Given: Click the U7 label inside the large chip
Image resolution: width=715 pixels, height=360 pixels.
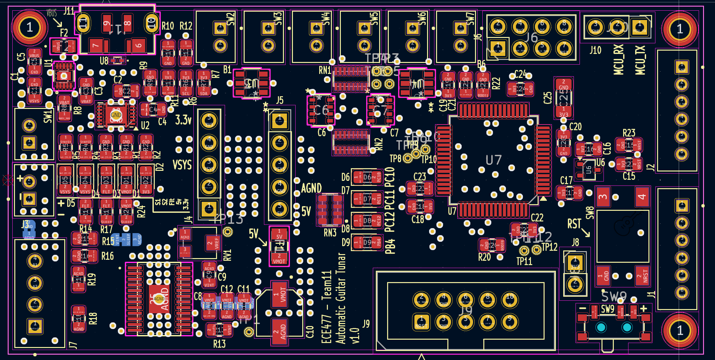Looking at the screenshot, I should (x=493, y=160).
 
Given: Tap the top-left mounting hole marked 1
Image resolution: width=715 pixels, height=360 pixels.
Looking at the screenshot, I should (x=29, y=27).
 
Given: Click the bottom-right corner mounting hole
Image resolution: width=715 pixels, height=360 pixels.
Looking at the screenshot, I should (x=679, y=330).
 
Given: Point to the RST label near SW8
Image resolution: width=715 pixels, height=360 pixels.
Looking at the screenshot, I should (x=574, y=224).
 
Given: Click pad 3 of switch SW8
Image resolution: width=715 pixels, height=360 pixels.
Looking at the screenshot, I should (x=603, y=196).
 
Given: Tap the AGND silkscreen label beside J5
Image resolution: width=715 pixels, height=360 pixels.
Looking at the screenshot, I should (x=311, y=188).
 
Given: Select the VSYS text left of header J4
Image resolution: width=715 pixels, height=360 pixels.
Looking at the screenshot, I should (x=182, y=165).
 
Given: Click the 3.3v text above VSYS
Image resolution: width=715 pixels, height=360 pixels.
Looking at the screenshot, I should (x=183, y=120).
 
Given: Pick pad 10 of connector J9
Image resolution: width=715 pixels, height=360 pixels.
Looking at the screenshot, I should (x=510, y=299).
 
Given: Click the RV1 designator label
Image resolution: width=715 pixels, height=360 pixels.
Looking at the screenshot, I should (x=227, y=255).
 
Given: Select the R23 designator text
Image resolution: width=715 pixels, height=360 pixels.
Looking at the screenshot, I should (x=629, y=133).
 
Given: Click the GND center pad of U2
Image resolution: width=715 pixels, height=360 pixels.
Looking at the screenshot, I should (x=116, y=115).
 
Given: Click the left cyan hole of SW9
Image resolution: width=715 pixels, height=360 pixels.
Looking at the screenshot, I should (x=601, y=327).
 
